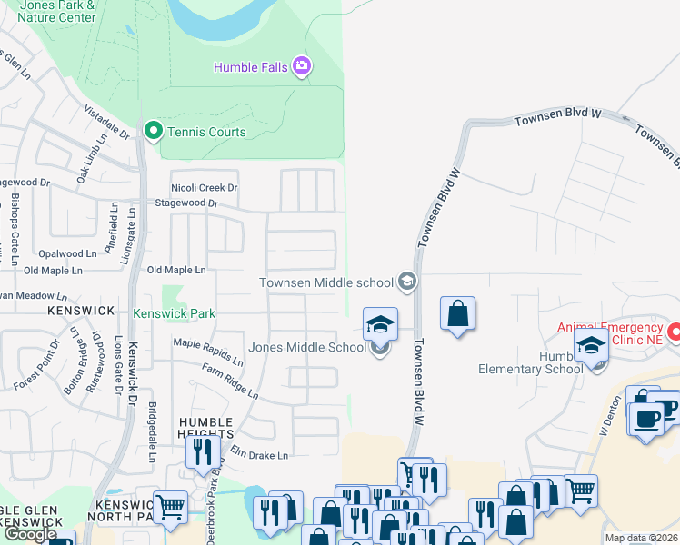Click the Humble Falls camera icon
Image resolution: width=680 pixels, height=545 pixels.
301,67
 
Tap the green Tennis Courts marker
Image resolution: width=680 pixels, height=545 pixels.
153,132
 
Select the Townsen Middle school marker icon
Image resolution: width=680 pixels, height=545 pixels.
407,282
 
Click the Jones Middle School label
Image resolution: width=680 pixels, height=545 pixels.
307,347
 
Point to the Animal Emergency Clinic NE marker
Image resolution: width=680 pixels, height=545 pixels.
674,332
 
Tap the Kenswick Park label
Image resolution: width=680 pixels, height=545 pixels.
174,313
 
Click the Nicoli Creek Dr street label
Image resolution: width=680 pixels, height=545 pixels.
205,188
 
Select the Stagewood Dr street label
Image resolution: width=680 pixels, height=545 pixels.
188,203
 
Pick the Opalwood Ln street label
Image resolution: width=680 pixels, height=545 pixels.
67,253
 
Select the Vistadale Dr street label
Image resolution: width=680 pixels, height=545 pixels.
107,123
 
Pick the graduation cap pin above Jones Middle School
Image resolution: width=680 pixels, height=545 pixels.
380,323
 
